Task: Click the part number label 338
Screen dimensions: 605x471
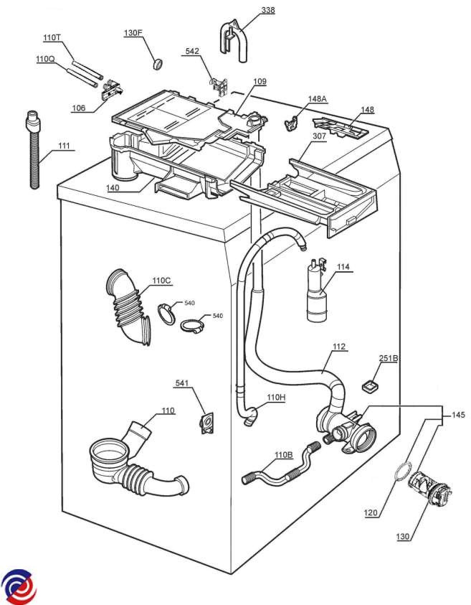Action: coord(247,10)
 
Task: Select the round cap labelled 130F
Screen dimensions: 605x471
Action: coord(158,65)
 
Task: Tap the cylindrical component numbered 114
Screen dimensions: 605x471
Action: coord(316,296)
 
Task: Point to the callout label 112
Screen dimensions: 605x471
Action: coord(338,347)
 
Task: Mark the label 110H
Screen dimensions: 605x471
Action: coord(276,397)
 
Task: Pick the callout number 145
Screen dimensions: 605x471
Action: coord(457,415)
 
